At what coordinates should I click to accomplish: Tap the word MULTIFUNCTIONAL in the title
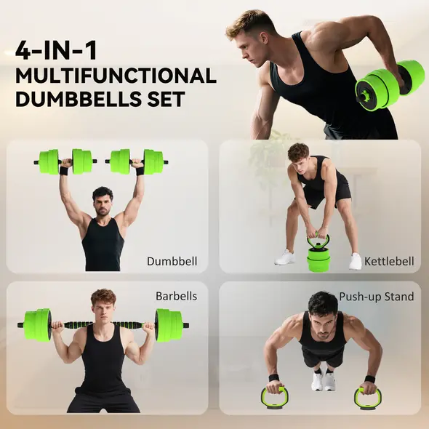click(116, 76)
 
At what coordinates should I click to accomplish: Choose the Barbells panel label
click(176, 297)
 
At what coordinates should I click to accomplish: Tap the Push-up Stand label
click(377, 297)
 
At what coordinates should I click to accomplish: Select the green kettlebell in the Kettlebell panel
click(318, 254)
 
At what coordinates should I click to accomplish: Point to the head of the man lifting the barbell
click(103, 304)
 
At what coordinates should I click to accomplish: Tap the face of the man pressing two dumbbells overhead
click(103, 199)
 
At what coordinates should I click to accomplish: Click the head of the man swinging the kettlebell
click(299, 153)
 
